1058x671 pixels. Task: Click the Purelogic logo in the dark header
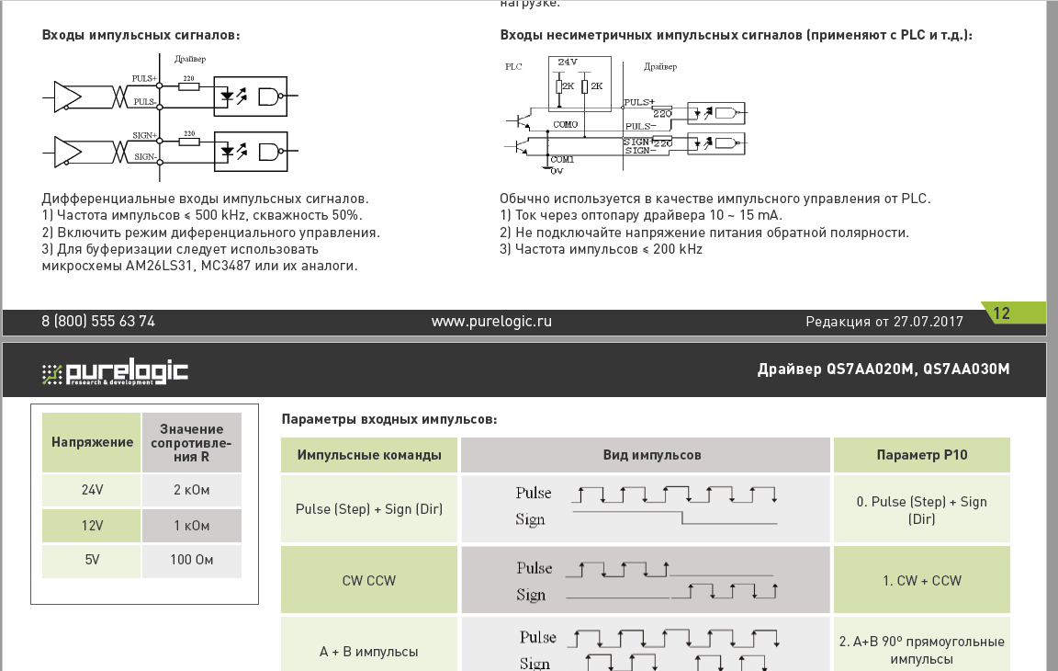(116, 371)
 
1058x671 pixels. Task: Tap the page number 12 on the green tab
(1001, 313)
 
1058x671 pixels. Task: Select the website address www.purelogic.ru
(491, 322)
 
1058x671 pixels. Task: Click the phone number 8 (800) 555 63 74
(98, 322)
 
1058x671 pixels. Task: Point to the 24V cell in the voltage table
(92, 490)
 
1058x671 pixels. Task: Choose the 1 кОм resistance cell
(190, 526)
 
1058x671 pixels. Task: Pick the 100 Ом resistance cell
(190, 560)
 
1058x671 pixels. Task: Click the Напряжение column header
(92, 442)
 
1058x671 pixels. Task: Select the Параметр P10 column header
(921, 455)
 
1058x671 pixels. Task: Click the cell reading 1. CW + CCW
(921, 581)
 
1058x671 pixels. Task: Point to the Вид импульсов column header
(646, 455)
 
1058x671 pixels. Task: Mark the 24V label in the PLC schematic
(568, 63)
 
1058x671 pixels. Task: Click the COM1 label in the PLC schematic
(562, 159)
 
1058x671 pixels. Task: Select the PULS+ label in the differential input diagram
(144, 79)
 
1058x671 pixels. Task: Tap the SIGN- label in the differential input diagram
(144, 157)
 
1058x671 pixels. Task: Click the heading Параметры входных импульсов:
(389, 419)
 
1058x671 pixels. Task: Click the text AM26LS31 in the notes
(148, 266)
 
